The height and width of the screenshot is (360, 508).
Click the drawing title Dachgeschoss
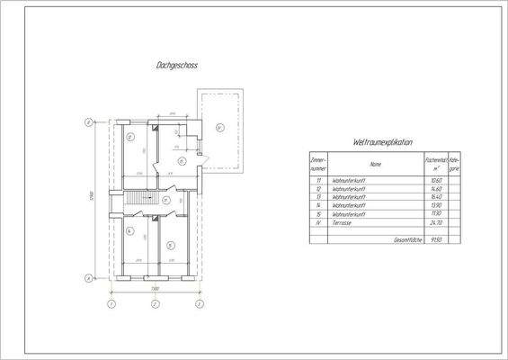[x=177, y=66]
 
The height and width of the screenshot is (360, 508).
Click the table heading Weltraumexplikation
[x=383, y=142]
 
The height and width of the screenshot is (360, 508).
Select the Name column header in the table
[x=375, y=165]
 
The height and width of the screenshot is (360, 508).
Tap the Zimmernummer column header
[x=316, y=165]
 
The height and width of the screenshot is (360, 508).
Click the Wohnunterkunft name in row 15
[x=348, y=214]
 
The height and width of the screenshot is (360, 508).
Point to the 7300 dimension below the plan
[x=154, y=287]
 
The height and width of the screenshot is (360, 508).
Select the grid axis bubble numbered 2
[x=155, y=305]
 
